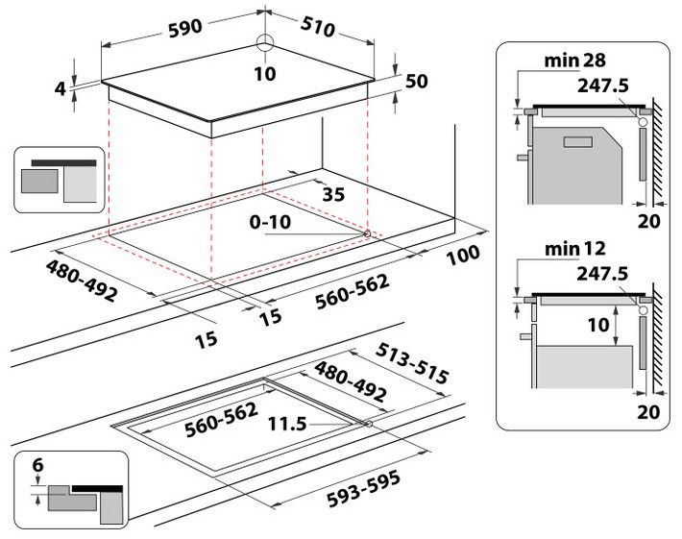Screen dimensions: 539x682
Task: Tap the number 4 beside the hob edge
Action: point(60,88)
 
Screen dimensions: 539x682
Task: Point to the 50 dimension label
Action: point(416,83)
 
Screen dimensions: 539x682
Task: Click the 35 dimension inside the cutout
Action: point(332,194)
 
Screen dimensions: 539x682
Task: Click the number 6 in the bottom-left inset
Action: point(37,465)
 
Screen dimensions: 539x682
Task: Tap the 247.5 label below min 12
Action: point(603,274)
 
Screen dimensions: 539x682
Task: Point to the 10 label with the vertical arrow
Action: point(597,326)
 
